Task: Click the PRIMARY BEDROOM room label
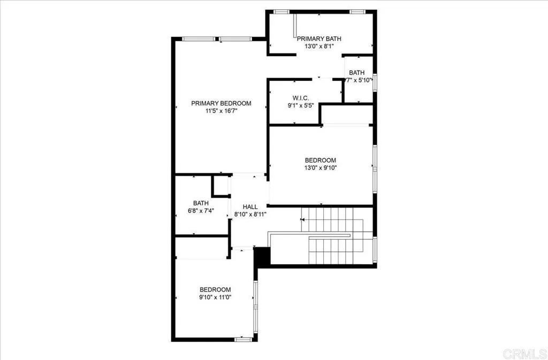(x=221, y=104)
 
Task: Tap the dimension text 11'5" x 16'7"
(x=221, y=111)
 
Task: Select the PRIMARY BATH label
(x=319, y=39)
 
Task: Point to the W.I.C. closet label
(x=299, y=98)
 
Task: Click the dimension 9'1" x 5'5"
(x=299, y=105)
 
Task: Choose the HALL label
(x=250, y=206)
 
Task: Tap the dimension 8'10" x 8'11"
(x=250, y=214)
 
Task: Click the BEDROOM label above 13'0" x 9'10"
(x=321, y=160)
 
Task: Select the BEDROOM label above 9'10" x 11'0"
(x=216, y=289)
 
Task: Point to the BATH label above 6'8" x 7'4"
(x=201, y=203)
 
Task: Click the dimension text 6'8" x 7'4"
(x=201, y=210)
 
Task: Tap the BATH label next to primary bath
(x=357, y=73)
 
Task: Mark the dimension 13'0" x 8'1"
(x=319, y=46)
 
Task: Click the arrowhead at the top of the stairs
(x=303, y=219)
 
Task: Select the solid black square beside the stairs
(x=262, y=256)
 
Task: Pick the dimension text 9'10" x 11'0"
(x=216, y=297)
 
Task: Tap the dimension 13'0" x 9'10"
(x=321, y=167)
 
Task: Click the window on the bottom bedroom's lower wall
(x=243, y=339)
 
